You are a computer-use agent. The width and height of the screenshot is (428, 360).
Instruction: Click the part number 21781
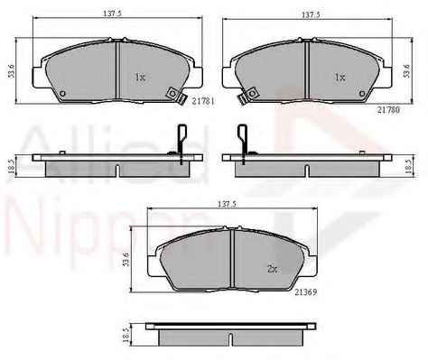(203, 101)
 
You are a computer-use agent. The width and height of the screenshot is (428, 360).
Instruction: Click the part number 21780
(389, 110)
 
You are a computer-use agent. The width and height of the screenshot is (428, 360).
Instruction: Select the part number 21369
(306, 292)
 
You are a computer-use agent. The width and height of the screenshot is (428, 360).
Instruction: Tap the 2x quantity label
(272, 269)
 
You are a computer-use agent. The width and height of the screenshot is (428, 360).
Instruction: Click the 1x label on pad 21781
(140, 78)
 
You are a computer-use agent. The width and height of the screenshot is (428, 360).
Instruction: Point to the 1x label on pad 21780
(340, 78)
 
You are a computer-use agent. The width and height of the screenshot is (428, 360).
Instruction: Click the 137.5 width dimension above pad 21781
(112, 14)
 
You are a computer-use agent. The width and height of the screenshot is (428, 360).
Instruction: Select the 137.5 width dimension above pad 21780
(311, 14)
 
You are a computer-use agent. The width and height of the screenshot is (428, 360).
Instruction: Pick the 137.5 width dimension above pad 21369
(227, 204)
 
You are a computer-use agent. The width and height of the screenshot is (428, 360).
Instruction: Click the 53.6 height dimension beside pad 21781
(12, 71)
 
